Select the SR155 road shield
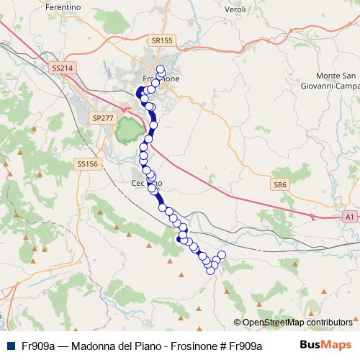[x=162, y=41]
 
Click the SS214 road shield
[x=63, y=68]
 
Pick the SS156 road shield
[x=86, y=164]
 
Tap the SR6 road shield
[x=280, y=185]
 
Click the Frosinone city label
[x=161, y=78]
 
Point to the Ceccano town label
[x=147, y=183]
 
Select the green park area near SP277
[x=128, y=130]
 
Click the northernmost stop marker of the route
[x=160, y=69]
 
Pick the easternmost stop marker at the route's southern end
[x=221, y=256]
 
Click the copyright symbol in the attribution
[x=238, y=323]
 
